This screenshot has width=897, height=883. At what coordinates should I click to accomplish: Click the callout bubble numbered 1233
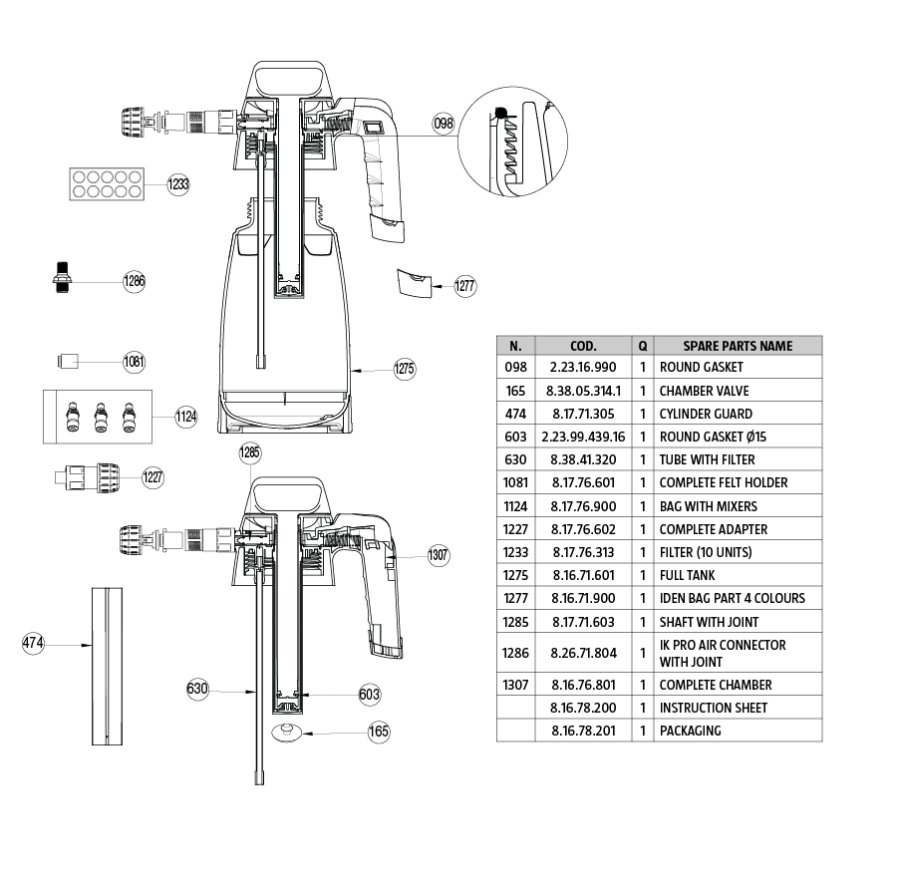point(177,184)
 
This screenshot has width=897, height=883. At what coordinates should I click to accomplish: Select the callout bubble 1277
point(464,287)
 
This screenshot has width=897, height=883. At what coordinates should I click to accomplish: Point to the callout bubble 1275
point(404,369)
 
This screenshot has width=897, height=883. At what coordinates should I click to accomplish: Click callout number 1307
point(439,555)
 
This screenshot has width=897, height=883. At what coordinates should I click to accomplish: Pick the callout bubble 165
point(379,732)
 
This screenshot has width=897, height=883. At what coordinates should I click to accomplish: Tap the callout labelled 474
point(33,644)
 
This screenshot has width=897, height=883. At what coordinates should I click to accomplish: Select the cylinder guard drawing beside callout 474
point(107,666)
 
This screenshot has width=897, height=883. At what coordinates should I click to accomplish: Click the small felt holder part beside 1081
point(68,360)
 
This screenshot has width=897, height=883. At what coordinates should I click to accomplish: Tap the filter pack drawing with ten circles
point(104,183)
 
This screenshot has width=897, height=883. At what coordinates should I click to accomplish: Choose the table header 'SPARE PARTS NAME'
point(738,346)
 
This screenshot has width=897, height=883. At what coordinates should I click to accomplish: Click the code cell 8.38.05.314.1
point(584,391)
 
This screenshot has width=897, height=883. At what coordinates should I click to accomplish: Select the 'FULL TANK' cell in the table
point(687,575)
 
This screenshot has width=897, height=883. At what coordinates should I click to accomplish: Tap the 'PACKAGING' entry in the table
point(690,731)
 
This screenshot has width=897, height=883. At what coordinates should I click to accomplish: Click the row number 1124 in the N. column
point(515,506)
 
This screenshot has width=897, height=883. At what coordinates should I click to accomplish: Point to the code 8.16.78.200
point(584,708)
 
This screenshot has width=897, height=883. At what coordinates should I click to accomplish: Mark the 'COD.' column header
point(584,346)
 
